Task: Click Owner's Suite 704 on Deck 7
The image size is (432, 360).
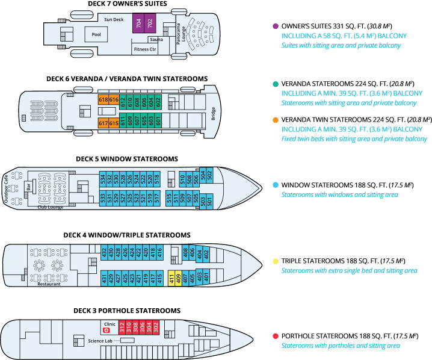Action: [139, 24]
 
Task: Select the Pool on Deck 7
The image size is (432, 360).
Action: [96, 34]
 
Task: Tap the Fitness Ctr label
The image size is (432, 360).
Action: [145, 49]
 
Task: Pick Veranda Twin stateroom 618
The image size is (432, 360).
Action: [103, 100]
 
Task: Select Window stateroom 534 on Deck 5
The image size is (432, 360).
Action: [103, 179]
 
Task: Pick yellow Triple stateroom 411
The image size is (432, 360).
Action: [171, 277]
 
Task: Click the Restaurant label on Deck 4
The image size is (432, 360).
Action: [49, 285]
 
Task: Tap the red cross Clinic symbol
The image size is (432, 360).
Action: [106, 331]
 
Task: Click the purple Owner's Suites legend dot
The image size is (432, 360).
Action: [275, 26]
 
